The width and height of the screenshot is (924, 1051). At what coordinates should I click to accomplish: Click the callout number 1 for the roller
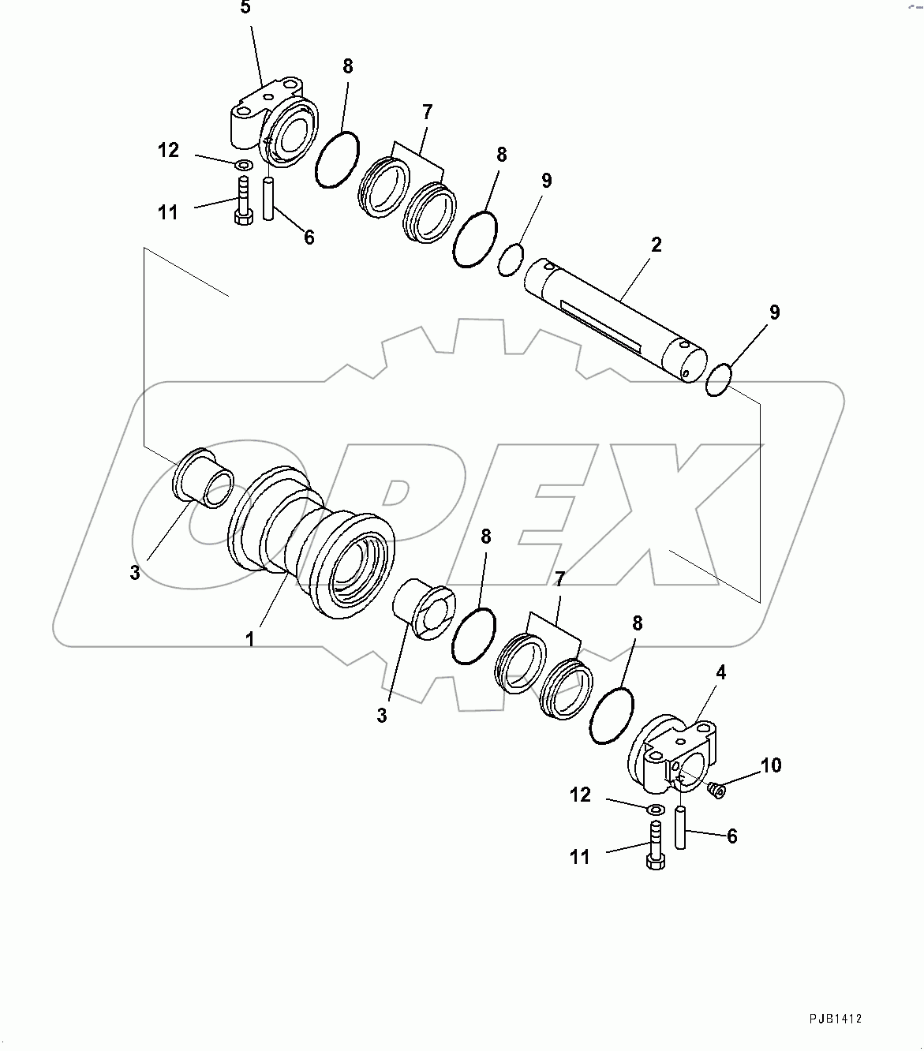point(250,639)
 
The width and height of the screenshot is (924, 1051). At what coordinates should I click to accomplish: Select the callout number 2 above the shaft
point(656,245)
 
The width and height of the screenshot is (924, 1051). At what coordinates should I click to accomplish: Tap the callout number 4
point(720,672)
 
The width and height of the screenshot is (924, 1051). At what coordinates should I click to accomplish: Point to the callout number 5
point(245,9)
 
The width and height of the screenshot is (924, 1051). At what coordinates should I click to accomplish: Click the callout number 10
point(771,765)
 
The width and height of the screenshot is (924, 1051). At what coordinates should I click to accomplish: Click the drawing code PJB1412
point(835,1019)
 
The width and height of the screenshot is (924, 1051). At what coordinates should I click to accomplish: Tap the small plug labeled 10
point(716,788)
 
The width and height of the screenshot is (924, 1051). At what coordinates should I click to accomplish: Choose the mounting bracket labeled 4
point(679,754)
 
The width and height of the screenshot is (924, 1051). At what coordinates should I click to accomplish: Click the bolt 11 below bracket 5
point(242,201)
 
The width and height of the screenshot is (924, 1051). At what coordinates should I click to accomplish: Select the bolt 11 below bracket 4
point(655,847)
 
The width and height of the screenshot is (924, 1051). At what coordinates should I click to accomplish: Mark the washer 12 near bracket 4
point(654,810)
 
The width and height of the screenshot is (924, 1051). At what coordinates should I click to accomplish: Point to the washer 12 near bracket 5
point(244,165)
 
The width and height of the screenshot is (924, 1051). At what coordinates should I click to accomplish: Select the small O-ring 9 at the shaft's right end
point(719,380)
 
